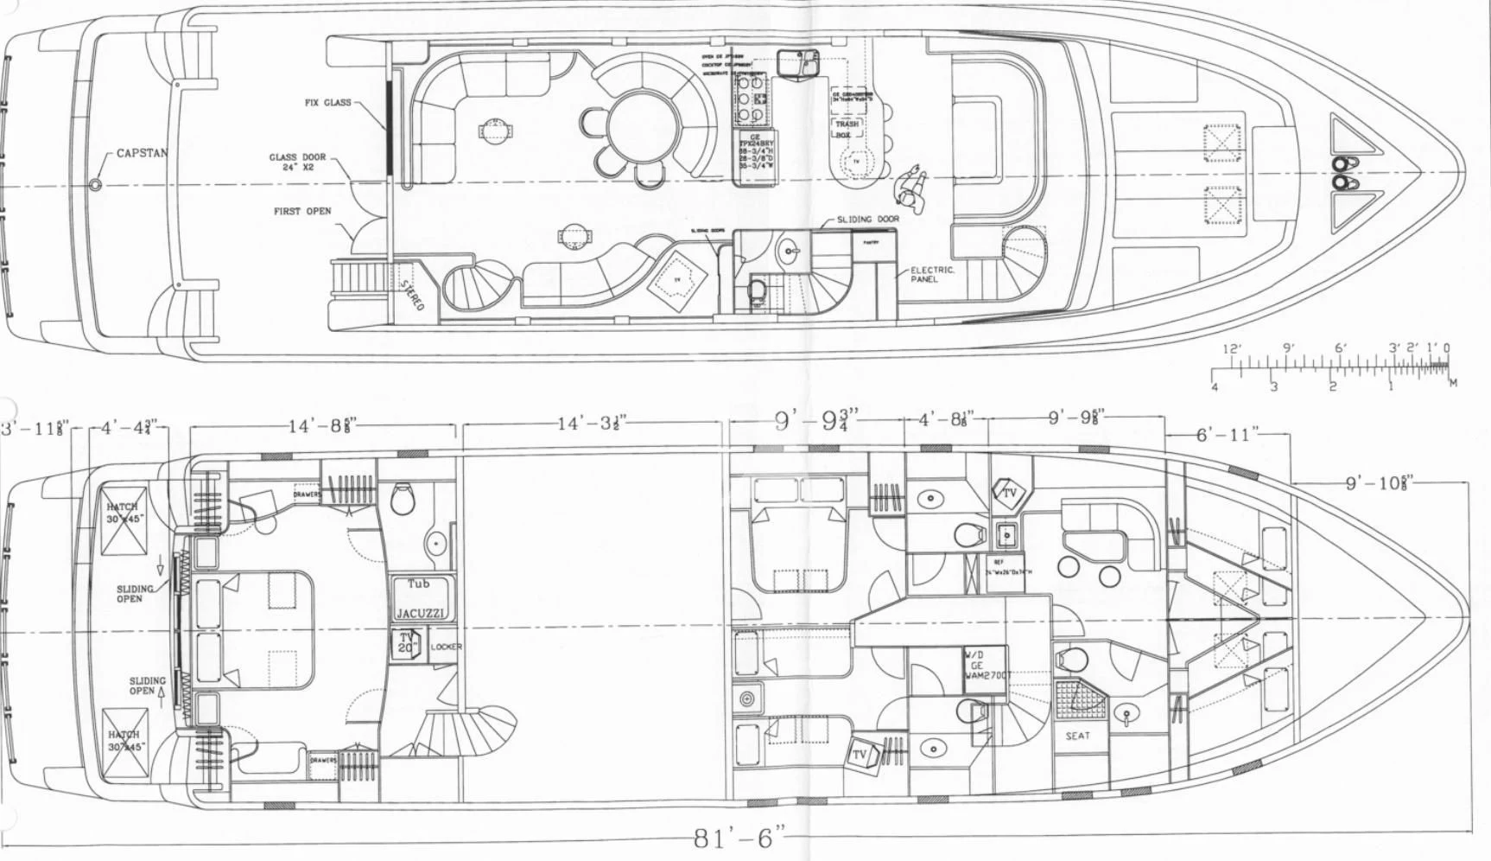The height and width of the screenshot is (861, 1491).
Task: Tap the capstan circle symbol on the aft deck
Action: [x=95, y=184]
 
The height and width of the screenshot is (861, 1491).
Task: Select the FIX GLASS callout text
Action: [x=327, y=102]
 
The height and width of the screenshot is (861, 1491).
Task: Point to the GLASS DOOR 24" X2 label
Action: [x=297, y=162]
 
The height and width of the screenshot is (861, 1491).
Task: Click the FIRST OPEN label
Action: [x=301, y=211]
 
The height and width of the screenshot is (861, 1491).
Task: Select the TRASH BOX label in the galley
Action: [x=847, y=129]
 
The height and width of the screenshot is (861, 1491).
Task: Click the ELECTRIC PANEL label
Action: [x=932, y=274]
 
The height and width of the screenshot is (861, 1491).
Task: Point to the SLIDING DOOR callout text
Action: [x=867, y=220]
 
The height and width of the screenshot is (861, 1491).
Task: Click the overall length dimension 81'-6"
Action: [x=740, y=839]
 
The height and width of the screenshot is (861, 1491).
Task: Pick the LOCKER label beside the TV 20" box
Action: [x=446, y=647]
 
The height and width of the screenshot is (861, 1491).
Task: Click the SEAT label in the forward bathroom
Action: [x=1077, y=736]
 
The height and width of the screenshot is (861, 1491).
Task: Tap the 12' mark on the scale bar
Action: [x=1233, y=349]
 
